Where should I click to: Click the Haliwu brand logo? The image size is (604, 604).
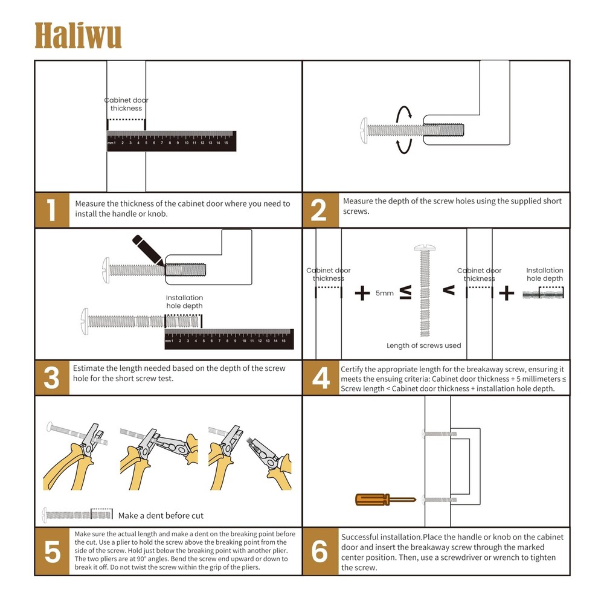(x=78, y=36)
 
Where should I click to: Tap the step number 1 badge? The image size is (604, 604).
(x=51, y=210)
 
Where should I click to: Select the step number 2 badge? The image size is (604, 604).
(x=319, y=210)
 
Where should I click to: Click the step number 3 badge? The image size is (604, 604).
(x=51, y=378)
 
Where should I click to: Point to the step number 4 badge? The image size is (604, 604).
(x=319, y=378)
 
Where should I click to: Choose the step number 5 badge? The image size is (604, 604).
(x=51, y=552)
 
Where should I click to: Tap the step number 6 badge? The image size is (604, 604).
(x=319, y=552)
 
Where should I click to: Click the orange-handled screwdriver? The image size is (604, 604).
(x=385, y=500)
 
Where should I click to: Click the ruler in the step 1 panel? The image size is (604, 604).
(x=171, y=141)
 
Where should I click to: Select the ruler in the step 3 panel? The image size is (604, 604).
(x=229, y=339)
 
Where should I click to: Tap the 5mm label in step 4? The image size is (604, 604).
(x=384, y=294)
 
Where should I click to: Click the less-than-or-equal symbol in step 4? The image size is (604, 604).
(x=405, y=293)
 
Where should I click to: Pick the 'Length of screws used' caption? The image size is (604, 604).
(x=423, y=345)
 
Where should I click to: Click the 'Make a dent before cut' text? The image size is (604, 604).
(x=161, y=515)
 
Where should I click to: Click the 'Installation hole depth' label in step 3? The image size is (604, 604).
(x=184, y=302)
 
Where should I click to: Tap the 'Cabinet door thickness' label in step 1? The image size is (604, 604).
(x=126, y=104)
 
